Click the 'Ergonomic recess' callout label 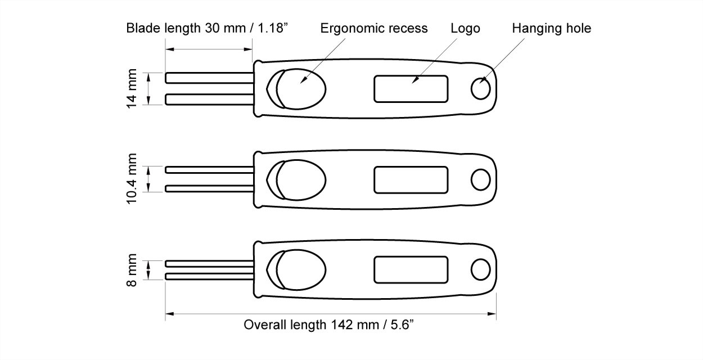click(x=374, y=28)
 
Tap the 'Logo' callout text click(x=465, y=28)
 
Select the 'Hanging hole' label click(x=551, y=28)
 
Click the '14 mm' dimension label click(x=132, y=88)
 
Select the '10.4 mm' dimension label click(x=132, y=178)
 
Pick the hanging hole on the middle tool click(x=480, y=180)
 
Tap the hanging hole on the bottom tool click(x=480, y=269)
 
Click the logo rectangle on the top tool click(x=411, y=89)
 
